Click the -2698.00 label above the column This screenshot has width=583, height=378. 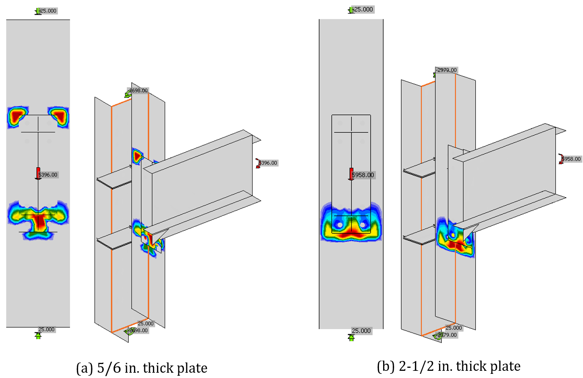(138, 91)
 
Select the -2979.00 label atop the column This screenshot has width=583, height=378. (447, 70)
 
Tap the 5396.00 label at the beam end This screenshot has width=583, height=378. (268, 163)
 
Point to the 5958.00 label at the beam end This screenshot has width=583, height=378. (571, 159)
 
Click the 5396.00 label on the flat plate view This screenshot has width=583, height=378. (48, 175)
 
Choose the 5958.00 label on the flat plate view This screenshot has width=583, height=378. (363, 175)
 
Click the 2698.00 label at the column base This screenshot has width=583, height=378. (139, 331)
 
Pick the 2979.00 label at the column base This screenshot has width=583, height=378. (447, 335)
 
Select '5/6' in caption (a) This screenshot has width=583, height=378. (109, 368)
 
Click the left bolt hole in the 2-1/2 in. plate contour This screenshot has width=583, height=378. (340, 225)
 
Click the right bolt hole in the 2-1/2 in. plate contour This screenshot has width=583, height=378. (363, 225)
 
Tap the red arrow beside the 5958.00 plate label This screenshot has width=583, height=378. (351, 174)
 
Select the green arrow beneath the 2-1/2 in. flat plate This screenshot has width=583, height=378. (351, 338)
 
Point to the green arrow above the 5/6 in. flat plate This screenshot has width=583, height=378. (38, 11)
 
